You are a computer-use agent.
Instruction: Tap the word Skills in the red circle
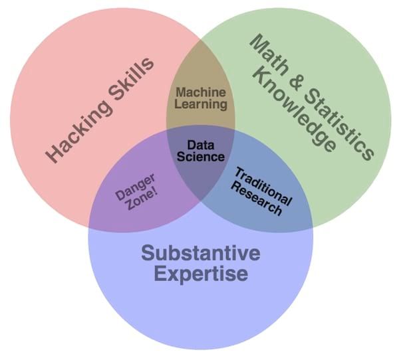[x=131, y=78]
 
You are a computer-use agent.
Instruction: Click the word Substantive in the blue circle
[x=200, y=253]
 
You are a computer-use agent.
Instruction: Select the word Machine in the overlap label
[x=201, y=93]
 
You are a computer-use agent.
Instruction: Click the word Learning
[x=201, y=104]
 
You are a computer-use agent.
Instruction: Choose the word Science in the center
[x=200, y=157]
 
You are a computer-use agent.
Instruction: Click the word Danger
[x=135, y=185]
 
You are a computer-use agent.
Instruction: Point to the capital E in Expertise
[x=159, y=273]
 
